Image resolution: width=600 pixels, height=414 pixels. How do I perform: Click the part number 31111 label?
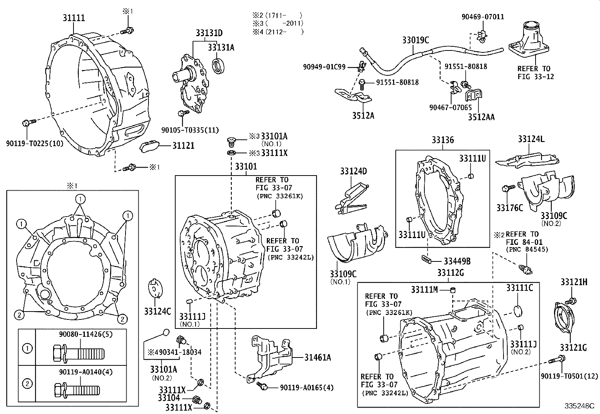coord(73,18)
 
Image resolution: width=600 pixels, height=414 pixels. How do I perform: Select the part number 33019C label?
coord(415,40)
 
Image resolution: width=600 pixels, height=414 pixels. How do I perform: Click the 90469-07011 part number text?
coord(483,17)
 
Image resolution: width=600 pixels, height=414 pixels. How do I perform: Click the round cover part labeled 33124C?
coord(155,289)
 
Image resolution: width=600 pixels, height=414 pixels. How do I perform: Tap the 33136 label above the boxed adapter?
coord(443,140)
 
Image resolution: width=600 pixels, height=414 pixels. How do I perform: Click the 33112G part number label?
coord(450,273)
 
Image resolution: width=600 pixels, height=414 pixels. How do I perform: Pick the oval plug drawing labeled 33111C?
coord(518,311)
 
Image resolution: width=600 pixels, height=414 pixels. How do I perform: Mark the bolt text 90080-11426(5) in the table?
coord(86,334)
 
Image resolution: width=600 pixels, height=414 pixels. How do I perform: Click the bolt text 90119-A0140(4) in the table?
coord(86,372)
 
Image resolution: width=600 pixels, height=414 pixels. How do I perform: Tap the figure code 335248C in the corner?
coord(579,406)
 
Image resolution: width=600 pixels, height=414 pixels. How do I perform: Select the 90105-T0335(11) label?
coord(190,130)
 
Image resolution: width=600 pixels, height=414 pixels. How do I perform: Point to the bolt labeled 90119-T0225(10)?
coord(29,123)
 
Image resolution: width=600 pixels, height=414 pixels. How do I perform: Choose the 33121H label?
coord(574,282)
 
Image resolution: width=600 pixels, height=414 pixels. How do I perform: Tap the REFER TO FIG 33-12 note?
coord(536,73)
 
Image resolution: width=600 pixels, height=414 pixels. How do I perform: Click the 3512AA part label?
coord(481,117)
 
